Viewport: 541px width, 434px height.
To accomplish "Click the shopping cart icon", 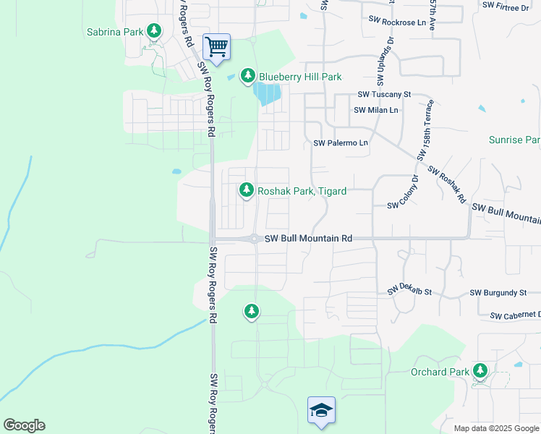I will pos(216,47).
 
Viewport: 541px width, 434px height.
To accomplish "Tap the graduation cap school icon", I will pos(320,410).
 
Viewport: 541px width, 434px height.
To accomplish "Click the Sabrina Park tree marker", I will pos(153,31).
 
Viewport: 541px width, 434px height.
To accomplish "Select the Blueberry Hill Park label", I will pos(299,77).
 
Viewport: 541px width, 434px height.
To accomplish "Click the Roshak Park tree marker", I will pos(247,190).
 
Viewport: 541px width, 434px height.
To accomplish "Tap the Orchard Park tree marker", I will pos(480,372).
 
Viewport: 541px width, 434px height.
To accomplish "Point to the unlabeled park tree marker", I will pos(251,311).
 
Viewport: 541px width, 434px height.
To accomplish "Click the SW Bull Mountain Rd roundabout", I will pos(255,239).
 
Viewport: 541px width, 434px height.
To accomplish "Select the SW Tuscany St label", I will pos(384,95).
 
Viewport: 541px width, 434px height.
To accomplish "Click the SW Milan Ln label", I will pos(375,110).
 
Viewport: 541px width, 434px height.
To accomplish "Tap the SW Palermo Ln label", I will pos(341,143).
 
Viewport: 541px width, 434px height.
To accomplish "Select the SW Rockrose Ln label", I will pos(397,22).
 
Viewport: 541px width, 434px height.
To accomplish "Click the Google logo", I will pos(24,425).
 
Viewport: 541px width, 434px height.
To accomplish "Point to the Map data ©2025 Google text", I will pos(495,428).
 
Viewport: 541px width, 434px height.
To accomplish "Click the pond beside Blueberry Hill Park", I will pos(266,93).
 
